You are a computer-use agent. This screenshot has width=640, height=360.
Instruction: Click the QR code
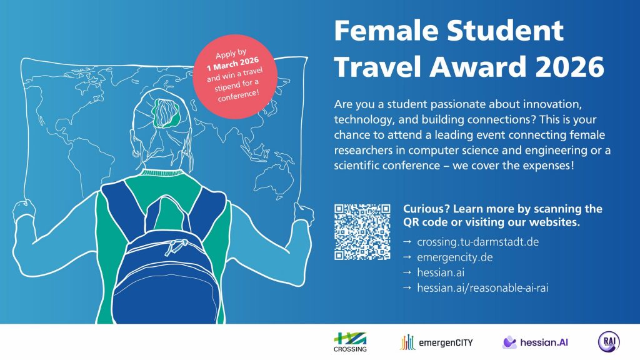coord(362,231)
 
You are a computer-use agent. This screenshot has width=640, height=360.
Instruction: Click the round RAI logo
coord(609,341)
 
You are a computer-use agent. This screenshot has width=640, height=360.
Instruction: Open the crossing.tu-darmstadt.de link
coord(469,242)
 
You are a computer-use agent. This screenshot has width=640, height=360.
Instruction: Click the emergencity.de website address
coord(446,257)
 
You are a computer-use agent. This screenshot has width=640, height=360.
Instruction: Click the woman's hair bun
coord(165,111)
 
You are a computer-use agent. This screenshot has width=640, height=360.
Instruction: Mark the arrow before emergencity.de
coord(407,257)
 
